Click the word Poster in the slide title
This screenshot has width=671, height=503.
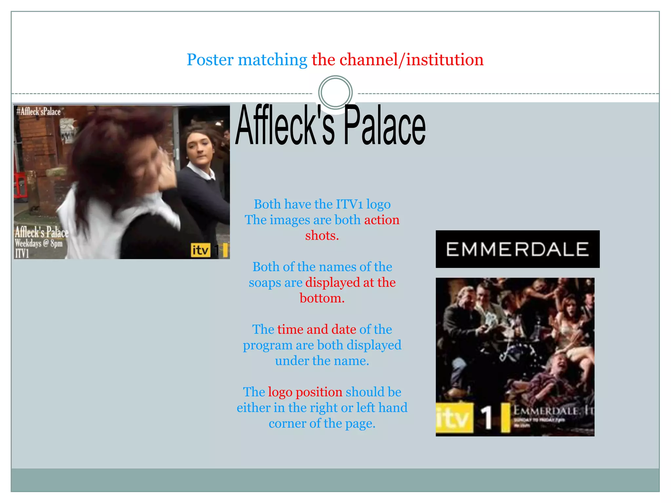pyautogui.click(x=210, y=60)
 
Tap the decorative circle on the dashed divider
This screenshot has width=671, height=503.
pyautogui.click(x=335, y=92)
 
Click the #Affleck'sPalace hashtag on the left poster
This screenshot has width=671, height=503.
pyautogui.click(x=39, y=112)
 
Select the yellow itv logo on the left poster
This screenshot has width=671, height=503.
pyautogui.click(x=200, y=250)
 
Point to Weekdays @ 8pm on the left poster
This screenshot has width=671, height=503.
pyautogui.click(x=39, y=243)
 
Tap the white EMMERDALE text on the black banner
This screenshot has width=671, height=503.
pyautogui.click(x=517, y=249)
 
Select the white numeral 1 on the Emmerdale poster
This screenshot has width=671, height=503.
pyautogui.click(x=487, y=418)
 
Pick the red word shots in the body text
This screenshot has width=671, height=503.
pyautogui.click(x=322, y=235)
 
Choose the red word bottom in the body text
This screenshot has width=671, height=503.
pyautogui.click(x=322, y=298)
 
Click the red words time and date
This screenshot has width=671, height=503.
pyautogui.click(x=316, y=329)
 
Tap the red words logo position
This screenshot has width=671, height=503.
pyautogui.click(x=305, y=392)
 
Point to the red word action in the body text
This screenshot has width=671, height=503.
pyautogui.click(x=382, y=220)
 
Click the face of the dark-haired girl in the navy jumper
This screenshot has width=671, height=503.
pyautogui.click(x=199, y=147)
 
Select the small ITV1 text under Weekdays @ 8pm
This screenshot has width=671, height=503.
pyautogui.click(x=22, y=253)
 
